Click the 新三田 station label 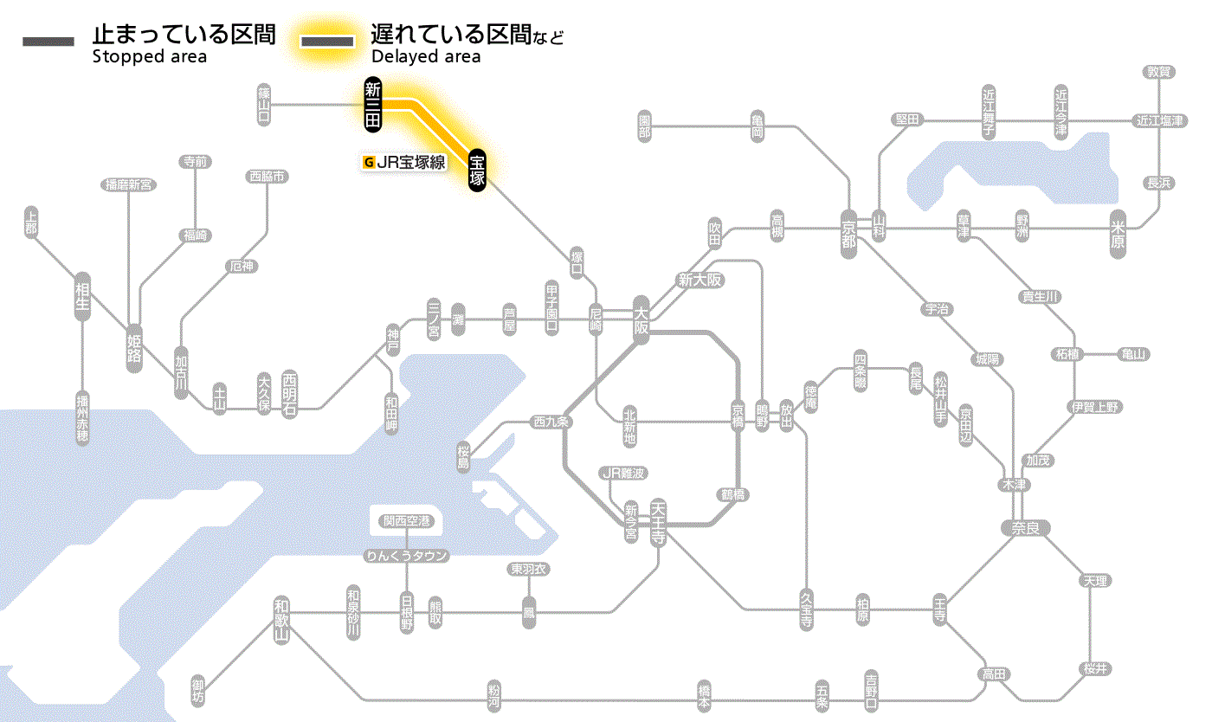tap(373, 105)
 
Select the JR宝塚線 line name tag tap(404, 162)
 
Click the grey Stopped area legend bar tap(49, 41)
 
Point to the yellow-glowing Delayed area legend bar tap(326, 41)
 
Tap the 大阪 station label tap(641, 321)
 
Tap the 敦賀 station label tap(1157, 72)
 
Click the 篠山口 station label tap(264, 105)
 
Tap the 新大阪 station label tap(699, 280)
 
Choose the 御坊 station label tap(198, 693)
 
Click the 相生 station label tap(82, 296)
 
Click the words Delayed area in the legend tap(425, 57)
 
